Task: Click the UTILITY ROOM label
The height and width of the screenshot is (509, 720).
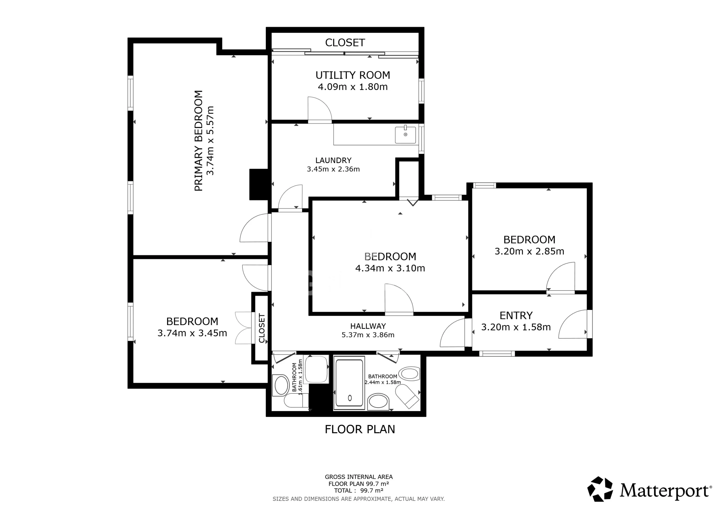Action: [353, 75]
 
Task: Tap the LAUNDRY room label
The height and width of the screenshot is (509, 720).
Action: [333, 161]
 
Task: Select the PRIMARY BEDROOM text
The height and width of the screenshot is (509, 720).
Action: [199, 141]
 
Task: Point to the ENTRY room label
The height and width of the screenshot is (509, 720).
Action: [516, 316]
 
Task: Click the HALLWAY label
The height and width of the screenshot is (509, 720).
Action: [368, 326]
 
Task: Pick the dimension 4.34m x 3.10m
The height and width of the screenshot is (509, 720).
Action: [390, 269]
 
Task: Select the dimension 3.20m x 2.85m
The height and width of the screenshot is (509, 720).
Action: [529, 251]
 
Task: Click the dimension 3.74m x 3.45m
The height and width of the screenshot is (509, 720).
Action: [192, 333]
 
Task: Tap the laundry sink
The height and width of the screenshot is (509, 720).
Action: [405, 135]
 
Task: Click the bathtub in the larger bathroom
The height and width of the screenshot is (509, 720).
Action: [349, 383]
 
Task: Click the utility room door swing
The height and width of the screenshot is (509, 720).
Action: [319, 109]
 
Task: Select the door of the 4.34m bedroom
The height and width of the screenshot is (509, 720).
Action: [399, 298]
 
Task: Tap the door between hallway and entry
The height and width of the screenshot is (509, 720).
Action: [453, 333]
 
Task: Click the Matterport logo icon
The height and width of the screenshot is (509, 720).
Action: [600, 489]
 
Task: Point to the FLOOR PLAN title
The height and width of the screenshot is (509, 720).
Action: [360, 429]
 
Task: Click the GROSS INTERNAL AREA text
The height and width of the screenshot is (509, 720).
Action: [359, 477]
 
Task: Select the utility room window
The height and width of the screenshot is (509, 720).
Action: [422, 91]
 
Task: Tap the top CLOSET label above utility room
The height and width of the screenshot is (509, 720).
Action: [345, 43]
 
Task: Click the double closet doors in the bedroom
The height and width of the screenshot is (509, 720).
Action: [244, 328]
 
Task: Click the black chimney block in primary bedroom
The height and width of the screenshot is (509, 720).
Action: [259, 184]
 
